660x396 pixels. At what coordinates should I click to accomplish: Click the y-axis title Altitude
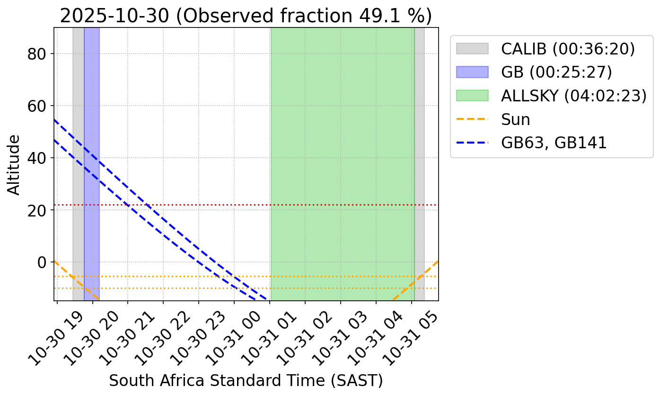tap(15, 164)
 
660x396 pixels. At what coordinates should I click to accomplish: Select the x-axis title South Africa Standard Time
tap(246, 380)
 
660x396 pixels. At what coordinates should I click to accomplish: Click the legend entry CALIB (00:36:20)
tap(568, 49)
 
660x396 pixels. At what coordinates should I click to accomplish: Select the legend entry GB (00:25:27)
tap(556, 72)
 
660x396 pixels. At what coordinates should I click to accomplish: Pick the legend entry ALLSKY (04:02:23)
tap(573, 96)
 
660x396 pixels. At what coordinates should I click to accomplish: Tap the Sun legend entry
tap(515, 119)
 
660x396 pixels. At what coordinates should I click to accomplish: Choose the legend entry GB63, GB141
tap(554, 143)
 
